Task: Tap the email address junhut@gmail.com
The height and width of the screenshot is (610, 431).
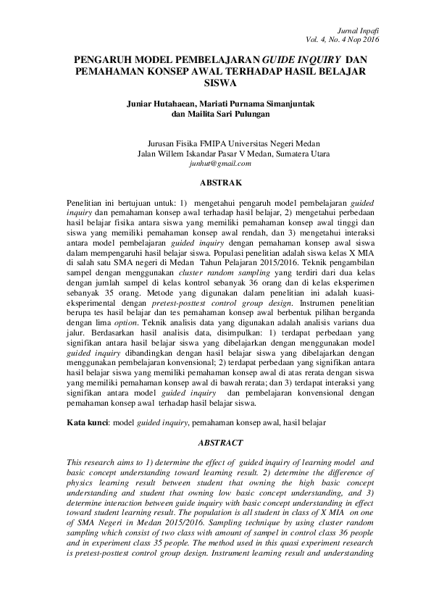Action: [x=218, y=164]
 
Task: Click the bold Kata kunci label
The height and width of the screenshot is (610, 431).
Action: [x=86, y=421]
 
